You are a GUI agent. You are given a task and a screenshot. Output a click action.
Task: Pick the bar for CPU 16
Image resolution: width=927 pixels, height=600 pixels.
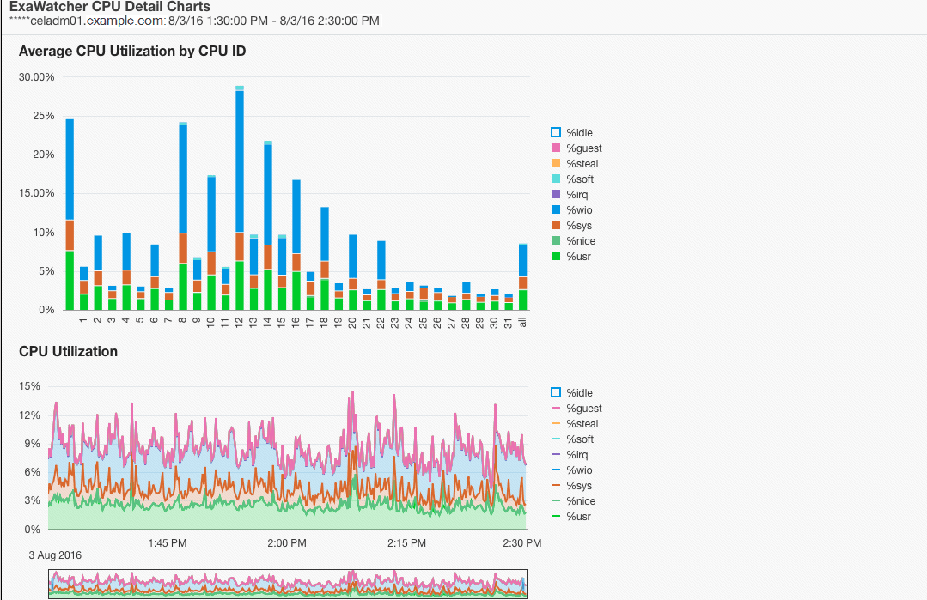(296, 245)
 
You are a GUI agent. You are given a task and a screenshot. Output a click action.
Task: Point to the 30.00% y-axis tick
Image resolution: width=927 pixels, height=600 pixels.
(37, 77)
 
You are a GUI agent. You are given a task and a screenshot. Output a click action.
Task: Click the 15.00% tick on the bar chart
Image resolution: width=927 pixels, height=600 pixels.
(37, 193)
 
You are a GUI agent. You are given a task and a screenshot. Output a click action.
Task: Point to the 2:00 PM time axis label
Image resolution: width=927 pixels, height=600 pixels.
(287, 543)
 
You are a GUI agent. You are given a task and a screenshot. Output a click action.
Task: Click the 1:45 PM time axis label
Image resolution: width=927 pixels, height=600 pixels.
(168, 543)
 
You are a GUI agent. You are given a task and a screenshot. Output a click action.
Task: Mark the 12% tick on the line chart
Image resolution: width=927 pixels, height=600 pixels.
(31, 415)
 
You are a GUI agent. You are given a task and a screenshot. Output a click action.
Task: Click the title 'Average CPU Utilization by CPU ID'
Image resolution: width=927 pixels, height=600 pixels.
(132, 52)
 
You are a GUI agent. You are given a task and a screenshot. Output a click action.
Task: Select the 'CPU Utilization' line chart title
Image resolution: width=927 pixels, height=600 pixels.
(68, 351)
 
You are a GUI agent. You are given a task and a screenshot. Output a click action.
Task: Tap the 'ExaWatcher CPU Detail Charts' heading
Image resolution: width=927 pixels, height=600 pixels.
(109, 7)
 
